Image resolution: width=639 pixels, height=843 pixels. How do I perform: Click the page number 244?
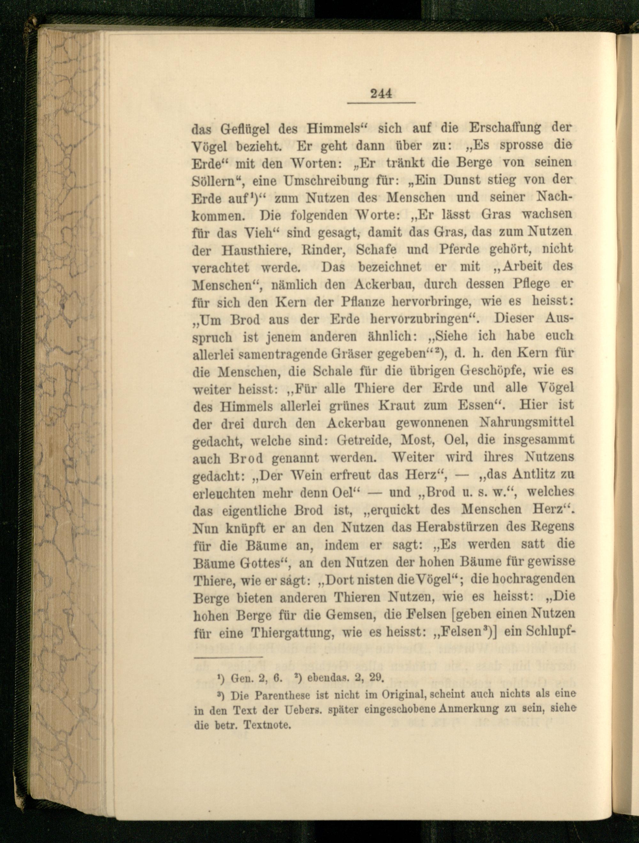tap(381, 94)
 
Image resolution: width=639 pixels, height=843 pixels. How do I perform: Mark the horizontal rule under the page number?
tap(381, 102)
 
